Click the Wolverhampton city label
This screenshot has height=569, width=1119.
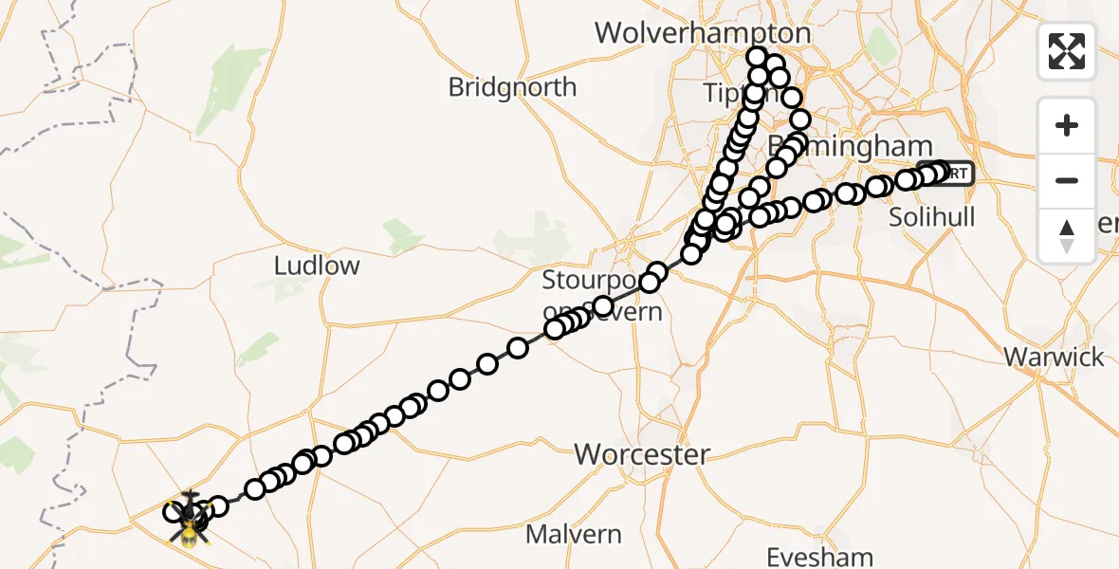702,34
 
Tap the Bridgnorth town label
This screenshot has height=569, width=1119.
512,87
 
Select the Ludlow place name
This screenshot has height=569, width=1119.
317,266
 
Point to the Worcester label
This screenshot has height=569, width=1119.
641,454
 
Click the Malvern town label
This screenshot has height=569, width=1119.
574,535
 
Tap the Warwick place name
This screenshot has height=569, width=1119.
1054,358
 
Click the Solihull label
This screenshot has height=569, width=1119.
931,217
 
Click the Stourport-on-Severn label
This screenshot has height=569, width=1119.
601,295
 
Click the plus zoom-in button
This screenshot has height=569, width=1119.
1067,125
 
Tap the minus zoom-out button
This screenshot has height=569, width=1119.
1067,180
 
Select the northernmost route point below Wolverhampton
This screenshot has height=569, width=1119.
757,57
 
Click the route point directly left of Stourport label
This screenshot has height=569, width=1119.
555,329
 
